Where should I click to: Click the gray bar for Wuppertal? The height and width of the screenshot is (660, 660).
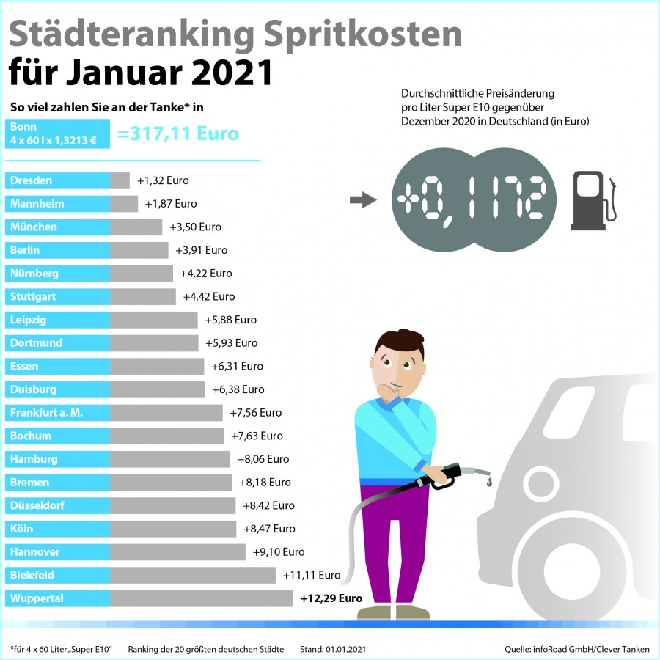coord(202,598)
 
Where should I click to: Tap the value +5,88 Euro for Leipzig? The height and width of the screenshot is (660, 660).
coord(231,320)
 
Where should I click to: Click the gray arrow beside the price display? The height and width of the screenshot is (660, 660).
coord(362,200)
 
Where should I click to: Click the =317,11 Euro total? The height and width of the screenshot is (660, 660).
coord(177,134)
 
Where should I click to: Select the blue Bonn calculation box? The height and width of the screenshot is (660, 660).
coord(57,133)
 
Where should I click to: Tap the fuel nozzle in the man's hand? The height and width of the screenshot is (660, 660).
coord(455,474)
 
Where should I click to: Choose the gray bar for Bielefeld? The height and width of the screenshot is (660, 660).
coord(193,576)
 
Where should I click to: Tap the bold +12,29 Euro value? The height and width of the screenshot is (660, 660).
coord(331,598)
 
